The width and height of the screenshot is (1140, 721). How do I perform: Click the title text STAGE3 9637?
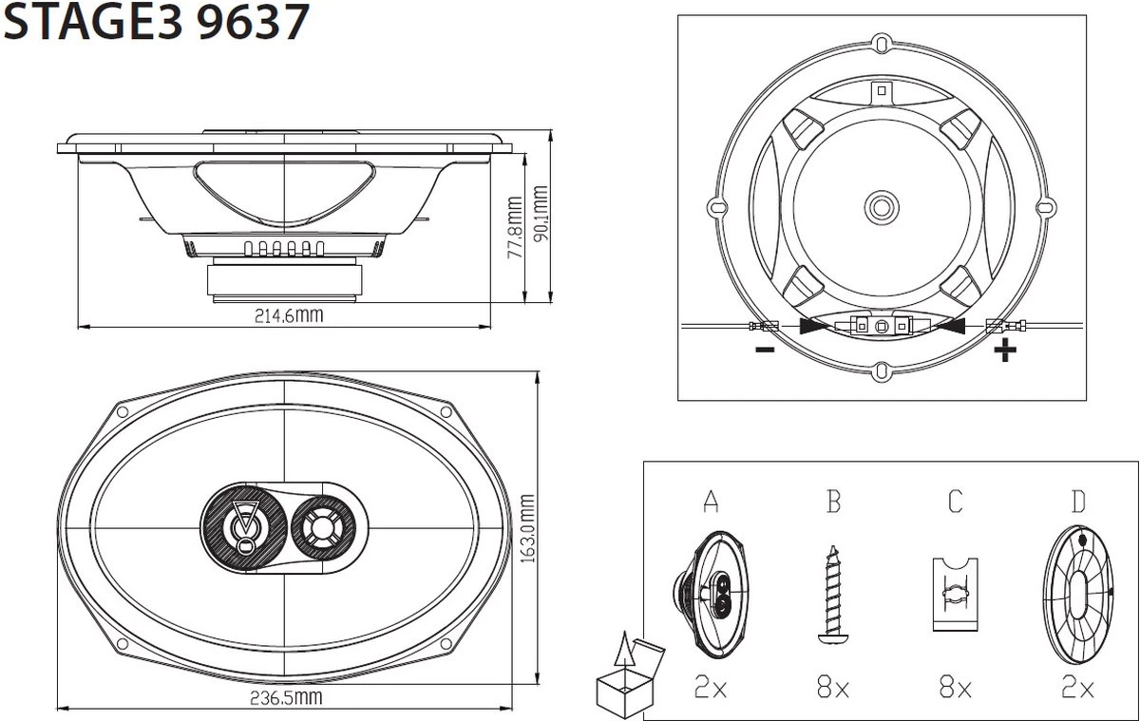point(156,24)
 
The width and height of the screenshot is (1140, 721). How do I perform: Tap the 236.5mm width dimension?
point(285,699)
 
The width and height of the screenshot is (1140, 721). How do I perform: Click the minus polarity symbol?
point(765,351)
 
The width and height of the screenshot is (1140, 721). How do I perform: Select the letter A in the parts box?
point(710,502)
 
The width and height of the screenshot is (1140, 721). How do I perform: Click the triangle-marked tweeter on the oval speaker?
point(245,523)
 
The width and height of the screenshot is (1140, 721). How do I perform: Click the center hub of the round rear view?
point(881,205)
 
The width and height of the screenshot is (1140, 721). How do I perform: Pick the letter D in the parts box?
point(1077,502)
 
